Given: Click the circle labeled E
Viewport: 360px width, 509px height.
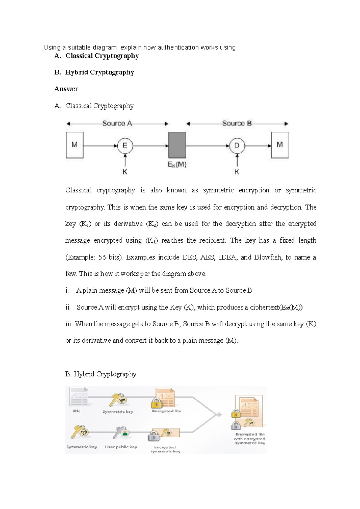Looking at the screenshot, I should (124, 146).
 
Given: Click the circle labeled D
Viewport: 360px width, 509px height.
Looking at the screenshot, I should (237, 146).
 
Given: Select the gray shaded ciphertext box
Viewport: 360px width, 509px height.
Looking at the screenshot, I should (177, 145).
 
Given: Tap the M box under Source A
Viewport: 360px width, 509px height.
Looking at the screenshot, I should (74, 145).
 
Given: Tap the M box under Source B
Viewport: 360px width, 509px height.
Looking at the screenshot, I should (280, 145).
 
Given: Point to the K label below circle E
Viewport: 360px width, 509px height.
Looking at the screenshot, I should (125, 172).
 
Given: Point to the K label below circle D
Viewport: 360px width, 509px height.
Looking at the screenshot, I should (237, 172).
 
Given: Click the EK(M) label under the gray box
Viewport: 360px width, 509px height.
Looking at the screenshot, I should (177, 165).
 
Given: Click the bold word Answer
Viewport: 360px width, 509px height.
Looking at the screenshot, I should (66, 89).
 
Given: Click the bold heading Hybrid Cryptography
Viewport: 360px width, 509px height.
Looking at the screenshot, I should (100, 72).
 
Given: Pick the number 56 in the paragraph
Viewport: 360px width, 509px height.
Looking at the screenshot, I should (102, 257).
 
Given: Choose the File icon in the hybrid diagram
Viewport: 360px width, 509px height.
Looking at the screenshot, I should (79, 397).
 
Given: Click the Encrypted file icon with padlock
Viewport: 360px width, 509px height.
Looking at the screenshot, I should (164, 398).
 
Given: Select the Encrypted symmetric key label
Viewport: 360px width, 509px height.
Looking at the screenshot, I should (165, 449).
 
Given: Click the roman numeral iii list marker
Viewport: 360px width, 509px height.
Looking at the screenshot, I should (69, 324).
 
